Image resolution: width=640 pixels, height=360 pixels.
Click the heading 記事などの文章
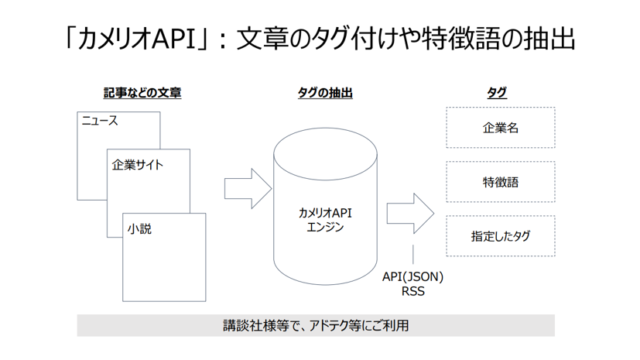[142, 93]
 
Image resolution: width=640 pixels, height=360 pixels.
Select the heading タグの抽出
[325, 93]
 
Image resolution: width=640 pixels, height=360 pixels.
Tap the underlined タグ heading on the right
[497, 93]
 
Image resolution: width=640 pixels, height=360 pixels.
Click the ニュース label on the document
[100, 121]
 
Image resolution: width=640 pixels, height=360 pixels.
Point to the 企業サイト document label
[137, 165]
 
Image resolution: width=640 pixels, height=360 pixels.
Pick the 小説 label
[139, 229]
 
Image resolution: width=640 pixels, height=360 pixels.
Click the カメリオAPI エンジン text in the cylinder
[325, 220]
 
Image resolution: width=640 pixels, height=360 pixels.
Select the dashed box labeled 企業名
[501, 127]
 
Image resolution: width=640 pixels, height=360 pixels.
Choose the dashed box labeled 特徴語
[501, 182]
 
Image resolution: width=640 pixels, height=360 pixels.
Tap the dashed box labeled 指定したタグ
[501, 236]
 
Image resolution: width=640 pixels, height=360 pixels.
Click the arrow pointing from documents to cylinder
[248, 189]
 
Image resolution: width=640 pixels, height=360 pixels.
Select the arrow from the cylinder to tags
[410, 214]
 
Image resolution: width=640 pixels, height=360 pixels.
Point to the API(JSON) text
[412, 276]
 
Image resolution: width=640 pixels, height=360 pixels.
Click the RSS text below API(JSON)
[413, 291]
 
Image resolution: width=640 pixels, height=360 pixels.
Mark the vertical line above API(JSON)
[413, 254]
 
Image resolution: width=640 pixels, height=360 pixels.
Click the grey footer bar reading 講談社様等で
[316, 325]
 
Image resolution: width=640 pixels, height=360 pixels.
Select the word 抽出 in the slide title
[549, 39]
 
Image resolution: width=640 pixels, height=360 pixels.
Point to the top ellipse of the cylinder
[325, 129]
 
